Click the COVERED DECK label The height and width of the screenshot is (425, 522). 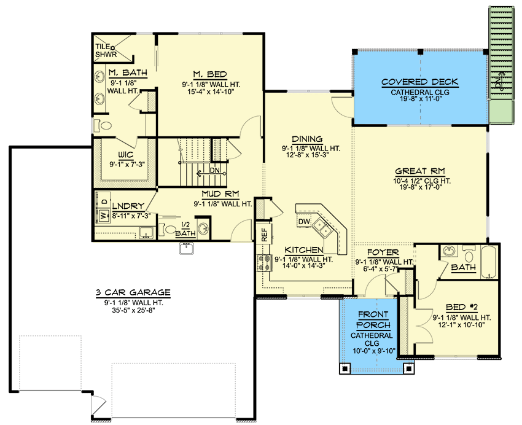[420, 82]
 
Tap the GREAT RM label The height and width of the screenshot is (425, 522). [420, 171]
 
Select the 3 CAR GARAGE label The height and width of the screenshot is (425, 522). [133, 292]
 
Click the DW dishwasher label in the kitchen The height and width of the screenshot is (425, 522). [304, 222]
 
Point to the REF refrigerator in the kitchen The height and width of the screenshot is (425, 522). [264, 234]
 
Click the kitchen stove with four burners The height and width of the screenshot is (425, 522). [264, 263]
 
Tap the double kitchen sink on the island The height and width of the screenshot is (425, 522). [322, 228]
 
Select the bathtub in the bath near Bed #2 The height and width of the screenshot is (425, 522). [489, 262]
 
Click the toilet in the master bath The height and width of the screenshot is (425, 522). [103, 125]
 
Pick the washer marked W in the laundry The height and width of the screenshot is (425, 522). [103, 216]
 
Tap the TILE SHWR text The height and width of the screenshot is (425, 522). [106, 50]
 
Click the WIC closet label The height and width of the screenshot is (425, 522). [126, 155]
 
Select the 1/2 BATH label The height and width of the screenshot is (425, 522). [185, 229]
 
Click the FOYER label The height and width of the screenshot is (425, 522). [383, 252]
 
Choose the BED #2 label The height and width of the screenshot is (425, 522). [462, 307]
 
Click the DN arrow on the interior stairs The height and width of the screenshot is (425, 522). [211, 173]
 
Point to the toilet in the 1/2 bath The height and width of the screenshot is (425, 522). [168, 229]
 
